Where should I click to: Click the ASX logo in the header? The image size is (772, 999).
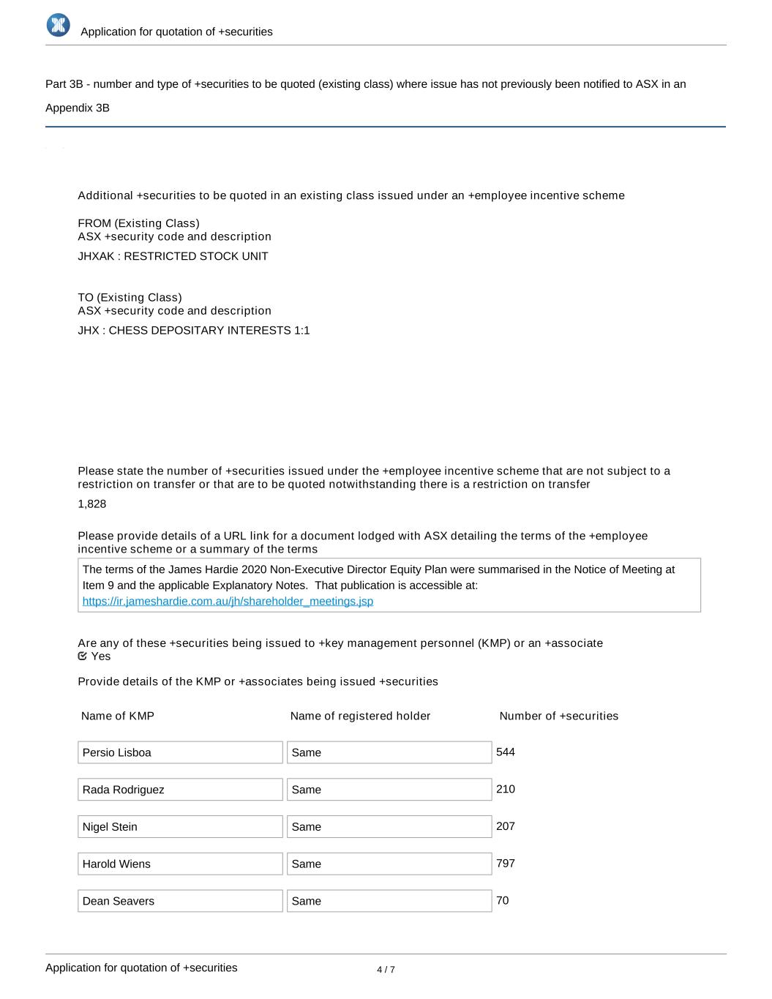coord(59,26)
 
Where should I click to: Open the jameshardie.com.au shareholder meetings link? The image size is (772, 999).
coord(228,601)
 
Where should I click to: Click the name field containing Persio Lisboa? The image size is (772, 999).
coord(180,752)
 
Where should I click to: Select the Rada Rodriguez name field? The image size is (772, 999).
coord(180,790)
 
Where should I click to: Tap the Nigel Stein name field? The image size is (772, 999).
coord(180,827)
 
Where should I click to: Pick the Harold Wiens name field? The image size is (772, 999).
coord(180,864)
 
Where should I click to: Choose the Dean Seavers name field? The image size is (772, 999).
coord(180,901)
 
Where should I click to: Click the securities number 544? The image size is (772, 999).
coord(506,752)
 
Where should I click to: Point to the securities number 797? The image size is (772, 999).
coord(506,864)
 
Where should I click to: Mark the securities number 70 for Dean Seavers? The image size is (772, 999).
coord(503,900)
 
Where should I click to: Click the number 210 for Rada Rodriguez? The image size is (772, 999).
coord(506,789)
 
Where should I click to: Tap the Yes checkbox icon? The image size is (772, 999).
coord(83,656)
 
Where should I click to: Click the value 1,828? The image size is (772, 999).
coord(92,504)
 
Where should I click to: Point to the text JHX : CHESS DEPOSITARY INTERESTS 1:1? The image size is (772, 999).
coord(194,331)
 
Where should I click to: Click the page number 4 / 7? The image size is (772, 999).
coord(386,970)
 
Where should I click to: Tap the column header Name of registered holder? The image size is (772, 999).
coord(360,716)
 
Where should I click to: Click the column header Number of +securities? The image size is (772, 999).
coord(558,716)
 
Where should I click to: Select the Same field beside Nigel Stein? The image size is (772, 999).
coord(389,827)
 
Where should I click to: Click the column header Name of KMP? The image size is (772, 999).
coord(118,716)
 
